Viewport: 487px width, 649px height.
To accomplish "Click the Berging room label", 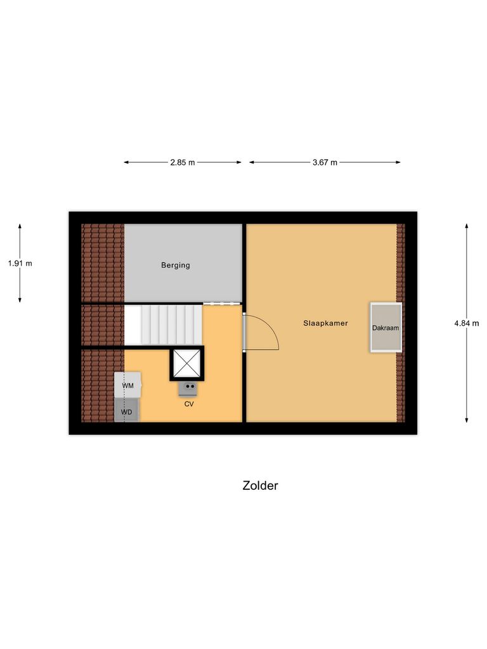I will click(x=175, y=265).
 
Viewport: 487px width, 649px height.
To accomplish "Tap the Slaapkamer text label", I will click(x=325, y=323).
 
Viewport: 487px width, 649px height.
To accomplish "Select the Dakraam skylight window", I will click(x=386, y=327).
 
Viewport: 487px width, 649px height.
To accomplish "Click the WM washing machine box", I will click(x=128, y=385).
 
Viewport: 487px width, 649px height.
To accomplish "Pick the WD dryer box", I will click(x=127, y=411).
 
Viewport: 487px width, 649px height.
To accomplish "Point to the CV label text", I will click(x=189, y=403).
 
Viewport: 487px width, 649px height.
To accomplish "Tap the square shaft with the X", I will click(x=186, y=363).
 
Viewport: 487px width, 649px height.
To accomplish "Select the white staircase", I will click(x=163, y=324).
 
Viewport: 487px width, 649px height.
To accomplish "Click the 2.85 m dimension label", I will click(x=183, y=162).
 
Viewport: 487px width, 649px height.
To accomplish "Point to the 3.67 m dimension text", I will click(x=325, y=162).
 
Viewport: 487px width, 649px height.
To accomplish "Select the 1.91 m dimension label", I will click(x=20, y=263).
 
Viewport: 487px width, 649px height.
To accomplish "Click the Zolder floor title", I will click(x=260, y=485).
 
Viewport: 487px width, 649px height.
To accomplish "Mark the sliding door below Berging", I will click(x=222, y=304).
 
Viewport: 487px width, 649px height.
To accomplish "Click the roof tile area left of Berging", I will click(x=103, y=262).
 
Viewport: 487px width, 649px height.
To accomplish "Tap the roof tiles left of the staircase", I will click(x=103, y=324).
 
